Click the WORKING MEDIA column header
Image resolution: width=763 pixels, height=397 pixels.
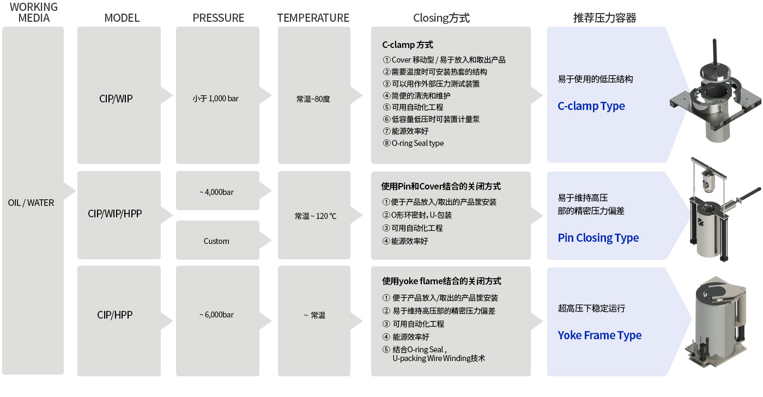(x=34, y=13)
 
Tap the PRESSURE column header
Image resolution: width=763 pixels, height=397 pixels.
(x=219, y=18)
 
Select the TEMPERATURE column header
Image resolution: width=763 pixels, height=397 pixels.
(x=313, y=18)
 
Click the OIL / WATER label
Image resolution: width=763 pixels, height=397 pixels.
(x=31, y=203)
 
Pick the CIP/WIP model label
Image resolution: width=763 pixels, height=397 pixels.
(x=116, y=99)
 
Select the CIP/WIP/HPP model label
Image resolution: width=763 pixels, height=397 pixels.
(x=115, y=213)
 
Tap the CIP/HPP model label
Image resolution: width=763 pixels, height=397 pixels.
(x=115, y=315)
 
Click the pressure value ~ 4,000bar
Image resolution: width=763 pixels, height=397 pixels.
(x=217, y=192)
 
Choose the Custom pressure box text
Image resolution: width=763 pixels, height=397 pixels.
(x=216, y=241)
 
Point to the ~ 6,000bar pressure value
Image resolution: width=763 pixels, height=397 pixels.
(x=217, y=315)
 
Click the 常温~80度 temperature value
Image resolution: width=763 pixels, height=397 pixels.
(x=313, y=99)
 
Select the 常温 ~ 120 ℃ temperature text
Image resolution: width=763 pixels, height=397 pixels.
(x=316, y=216)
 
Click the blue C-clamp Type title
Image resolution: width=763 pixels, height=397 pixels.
(x=591, y=106)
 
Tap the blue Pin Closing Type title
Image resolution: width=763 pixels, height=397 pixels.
(x=598, y=237)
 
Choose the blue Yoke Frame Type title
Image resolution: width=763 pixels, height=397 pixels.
(x=599, y=335)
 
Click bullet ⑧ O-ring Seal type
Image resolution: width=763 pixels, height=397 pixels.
(x=413, y=143)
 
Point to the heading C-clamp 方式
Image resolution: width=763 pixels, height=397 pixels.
(x=408, y=45)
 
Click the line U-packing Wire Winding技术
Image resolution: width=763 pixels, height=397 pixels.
(x=439, y=358)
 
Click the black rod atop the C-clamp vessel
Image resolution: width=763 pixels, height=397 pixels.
(x=715, y=52)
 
